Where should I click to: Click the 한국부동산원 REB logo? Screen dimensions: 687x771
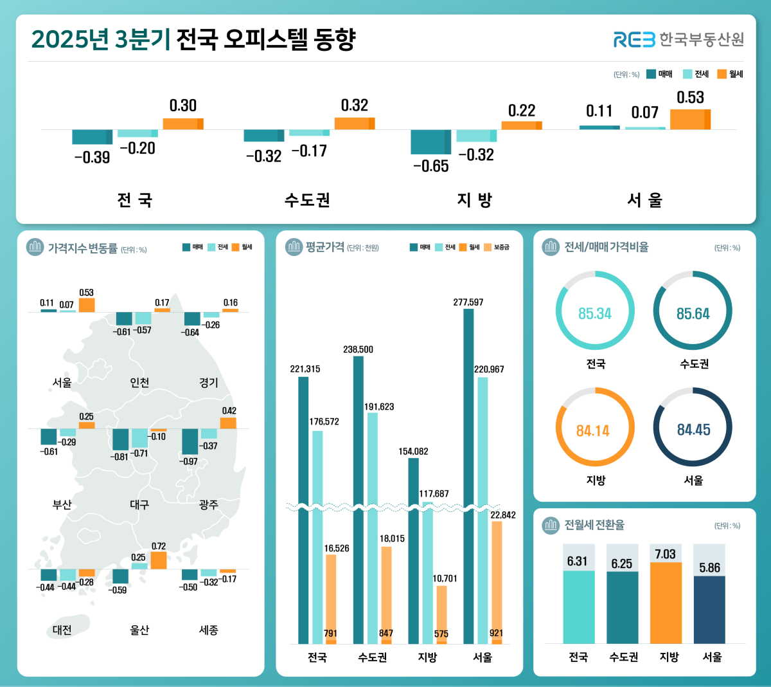pos(678,39)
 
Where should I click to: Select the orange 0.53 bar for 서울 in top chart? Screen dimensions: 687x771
pos(690,119)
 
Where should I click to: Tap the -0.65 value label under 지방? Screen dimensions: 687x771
pos(430,166)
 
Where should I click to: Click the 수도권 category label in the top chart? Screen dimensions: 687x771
pos(307,200)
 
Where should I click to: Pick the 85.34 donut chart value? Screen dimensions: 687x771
pos(594,314)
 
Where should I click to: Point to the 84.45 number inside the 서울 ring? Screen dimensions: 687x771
pos(693,430)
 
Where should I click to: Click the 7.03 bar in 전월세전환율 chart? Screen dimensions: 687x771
pos(666,603)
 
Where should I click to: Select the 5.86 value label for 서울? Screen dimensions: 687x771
pos(709,568)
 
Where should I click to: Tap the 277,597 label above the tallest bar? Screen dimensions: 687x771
pos(468,302)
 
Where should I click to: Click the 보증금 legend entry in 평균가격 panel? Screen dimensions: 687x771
pos(497,247)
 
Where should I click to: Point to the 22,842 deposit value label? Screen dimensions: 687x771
pos(502,515)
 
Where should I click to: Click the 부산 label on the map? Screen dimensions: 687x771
pos(62,505)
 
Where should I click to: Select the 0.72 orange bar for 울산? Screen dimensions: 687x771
pos(159,560)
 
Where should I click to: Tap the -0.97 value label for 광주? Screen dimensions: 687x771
pos(190,461)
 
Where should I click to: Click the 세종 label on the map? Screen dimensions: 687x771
pos(208,630)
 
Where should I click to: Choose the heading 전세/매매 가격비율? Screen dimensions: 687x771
pos(606,247)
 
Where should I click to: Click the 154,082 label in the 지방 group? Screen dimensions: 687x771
pos(413,451)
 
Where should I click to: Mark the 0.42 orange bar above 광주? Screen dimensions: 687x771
pos(228,423)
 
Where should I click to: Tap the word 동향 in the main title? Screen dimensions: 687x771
pos(334,39)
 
